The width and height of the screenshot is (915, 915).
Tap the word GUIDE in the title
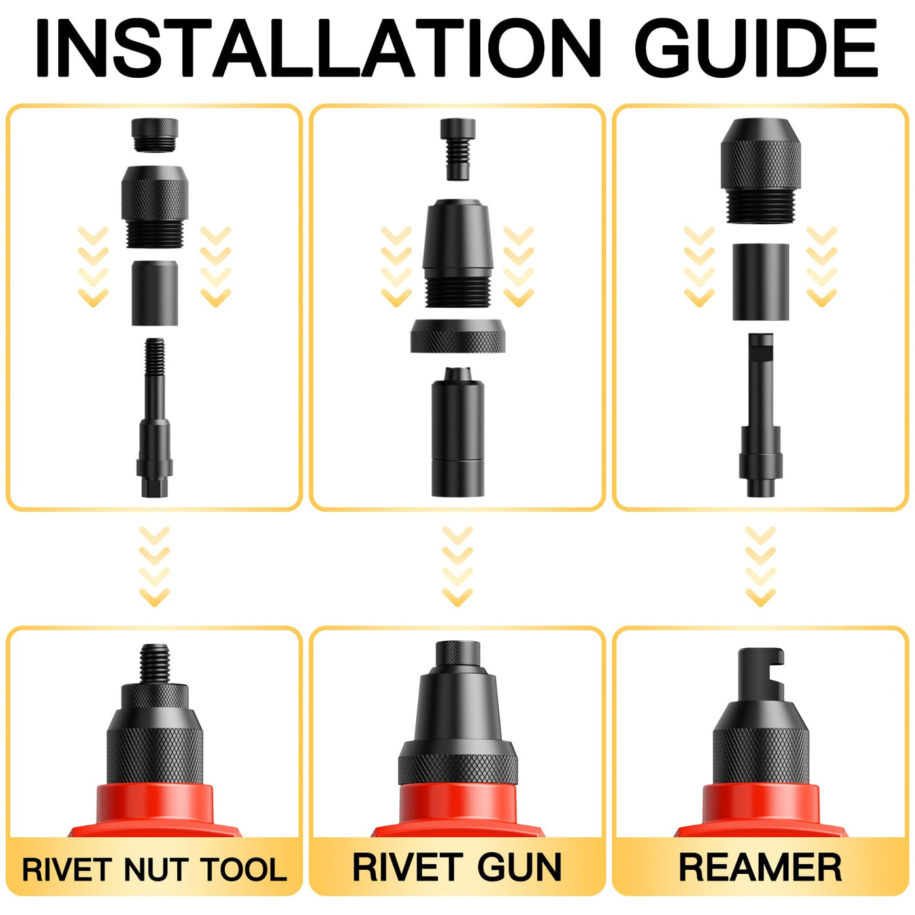coord(756,48)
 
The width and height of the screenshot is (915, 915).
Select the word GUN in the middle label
coord(520,867)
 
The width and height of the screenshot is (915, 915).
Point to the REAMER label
coord(760,867)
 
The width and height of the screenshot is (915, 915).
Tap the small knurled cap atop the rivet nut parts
coord(155,135)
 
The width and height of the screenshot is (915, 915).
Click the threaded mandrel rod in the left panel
coord(155,418)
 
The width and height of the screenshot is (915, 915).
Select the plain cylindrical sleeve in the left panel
coord(155,293)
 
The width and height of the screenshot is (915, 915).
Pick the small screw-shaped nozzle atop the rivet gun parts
coord(457,149)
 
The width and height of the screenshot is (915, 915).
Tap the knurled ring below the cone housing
coord(457,336)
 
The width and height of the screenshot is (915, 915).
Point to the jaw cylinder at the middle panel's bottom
coord(457,432)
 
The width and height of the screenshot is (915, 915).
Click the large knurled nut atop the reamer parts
coord(761,171)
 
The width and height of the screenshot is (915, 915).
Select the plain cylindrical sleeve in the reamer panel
coord(761,282)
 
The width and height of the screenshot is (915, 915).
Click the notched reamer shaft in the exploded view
coord(761,415)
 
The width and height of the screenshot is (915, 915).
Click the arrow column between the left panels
coord(155,566)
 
